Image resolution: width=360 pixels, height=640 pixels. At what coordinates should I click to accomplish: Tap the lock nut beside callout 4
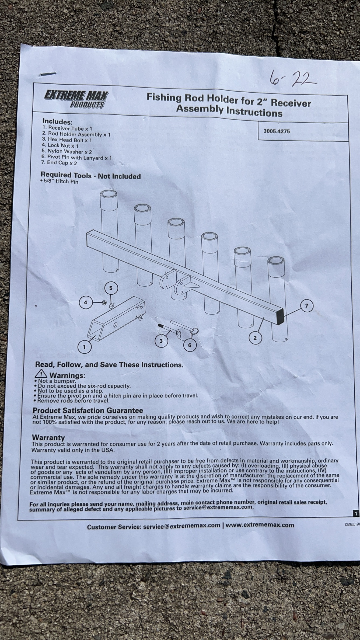[x=104, y=303]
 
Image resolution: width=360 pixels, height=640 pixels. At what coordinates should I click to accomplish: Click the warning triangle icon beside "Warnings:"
[x=41, y=374]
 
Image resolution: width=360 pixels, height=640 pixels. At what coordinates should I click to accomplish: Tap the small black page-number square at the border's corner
[x=356, y=513]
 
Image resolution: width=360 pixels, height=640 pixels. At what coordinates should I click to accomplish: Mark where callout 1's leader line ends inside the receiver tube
[x=94, y=335]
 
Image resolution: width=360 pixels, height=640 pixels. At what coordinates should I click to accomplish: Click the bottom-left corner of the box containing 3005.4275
[x=258, y=140]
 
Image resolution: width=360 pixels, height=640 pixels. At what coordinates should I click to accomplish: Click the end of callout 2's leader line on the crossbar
[x=263, y=318]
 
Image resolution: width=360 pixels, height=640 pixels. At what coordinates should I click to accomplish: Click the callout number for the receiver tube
[x=84, y=347]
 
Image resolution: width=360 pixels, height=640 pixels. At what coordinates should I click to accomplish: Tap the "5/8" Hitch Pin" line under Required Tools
[x=60, y=182]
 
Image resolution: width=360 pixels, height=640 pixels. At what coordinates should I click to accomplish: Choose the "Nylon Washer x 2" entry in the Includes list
[x=67, y=152]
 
